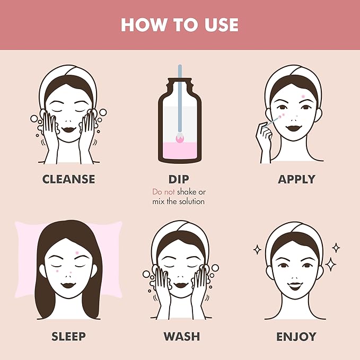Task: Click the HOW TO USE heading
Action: [x=180, y=24]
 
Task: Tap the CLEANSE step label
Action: [x=69, y=179]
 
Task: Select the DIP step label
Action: [x=180, y=179]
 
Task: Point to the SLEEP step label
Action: [x=69, y=336]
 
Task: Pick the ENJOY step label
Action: [x=296, y=336]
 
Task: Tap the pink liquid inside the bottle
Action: [x=179, y=149]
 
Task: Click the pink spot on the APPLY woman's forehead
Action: [x=303, y=96]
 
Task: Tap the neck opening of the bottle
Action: [x=179, y=84]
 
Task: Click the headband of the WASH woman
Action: [x=179, y=231]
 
